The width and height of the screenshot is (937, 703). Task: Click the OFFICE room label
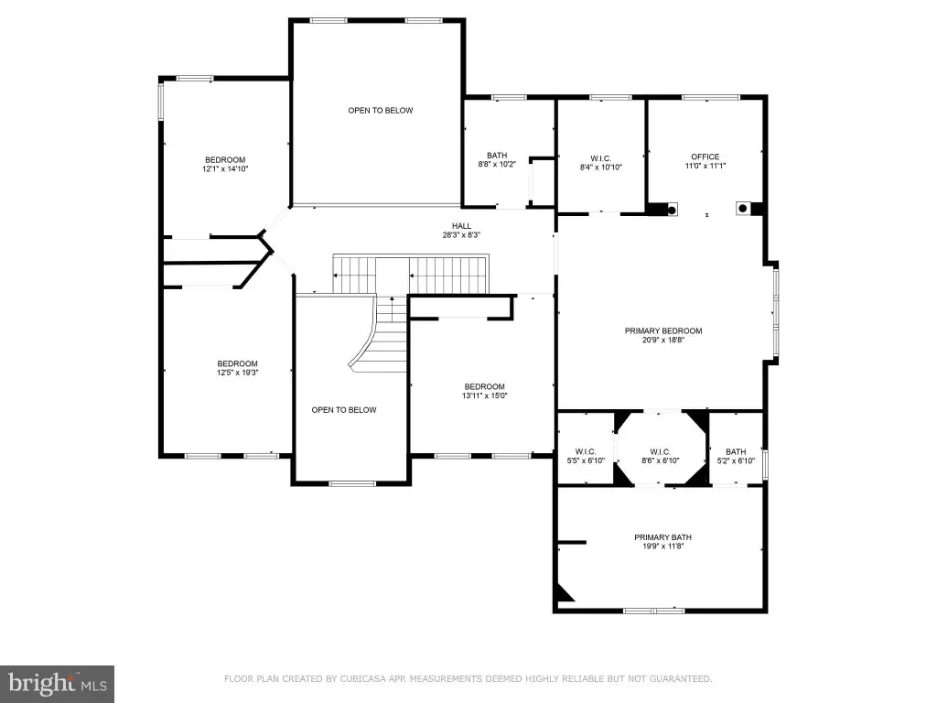(705, 157)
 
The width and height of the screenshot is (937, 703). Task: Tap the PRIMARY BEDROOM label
(663, 330)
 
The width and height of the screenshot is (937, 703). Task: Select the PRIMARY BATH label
(662, 537)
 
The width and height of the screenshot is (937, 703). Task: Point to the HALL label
(461, 226)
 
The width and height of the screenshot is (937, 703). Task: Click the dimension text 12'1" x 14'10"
(225, 169)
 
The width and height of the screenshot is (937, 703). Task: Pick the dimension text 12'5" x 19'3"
(237, 373)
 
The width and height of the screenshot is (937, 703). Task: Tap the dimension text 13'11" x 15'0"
(485, 395)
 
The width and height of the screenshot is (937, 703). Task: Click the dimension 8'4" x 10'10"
(601, 168)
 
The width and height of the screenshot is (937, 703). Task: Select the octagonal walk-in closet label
(661, 452)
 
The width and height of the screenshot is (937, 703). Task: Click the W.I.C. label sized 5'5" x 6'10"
(586, 452)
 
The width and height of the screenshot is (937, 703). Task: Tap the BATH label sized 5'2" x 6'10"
(736, 452)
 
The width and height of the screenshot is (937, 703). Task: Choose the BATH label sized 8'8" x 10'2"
(497, 156)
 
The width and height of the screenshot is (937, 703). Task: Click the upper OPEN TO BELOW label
(381, 111)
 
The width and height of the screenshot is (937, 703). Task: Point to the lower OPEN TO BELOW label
(344, 410)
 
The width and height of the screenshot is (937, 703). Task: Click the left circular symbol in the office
(672, 210)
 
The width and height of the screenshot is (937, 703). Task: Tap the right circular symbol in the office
(743, 208)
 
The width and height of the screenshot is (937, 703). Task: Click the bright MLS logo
(58, 684)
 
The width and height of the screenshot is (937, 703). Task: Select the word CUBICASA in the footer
(364, 679)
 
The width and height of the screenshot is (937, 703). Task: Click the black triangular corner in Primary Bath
(564, 592)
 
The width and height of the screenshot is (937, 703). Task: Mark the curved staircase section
(378, 335)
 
